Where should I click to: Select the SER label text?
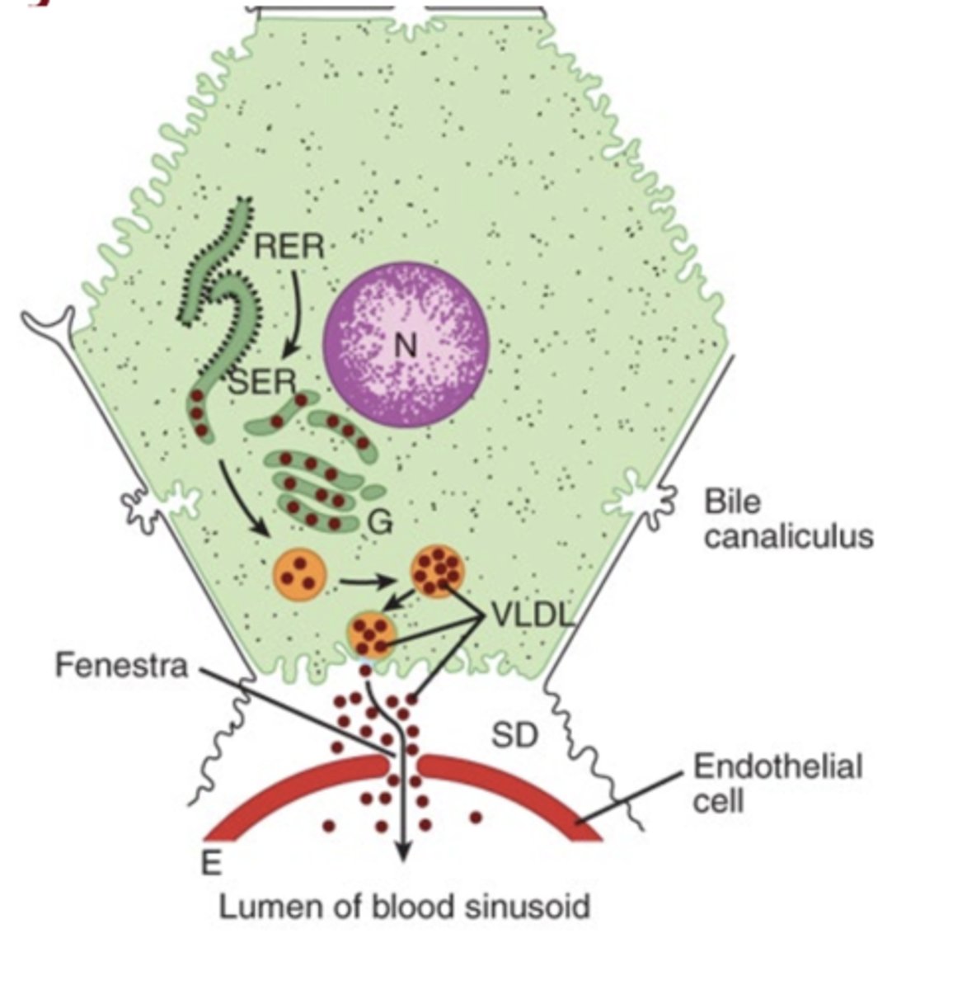262,381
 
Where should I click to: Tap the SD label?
514,734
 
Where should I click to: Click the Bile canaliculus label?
787,520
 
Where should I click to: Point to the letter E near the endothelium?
212,863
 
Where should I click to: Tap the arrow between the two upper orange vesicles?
367,582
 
